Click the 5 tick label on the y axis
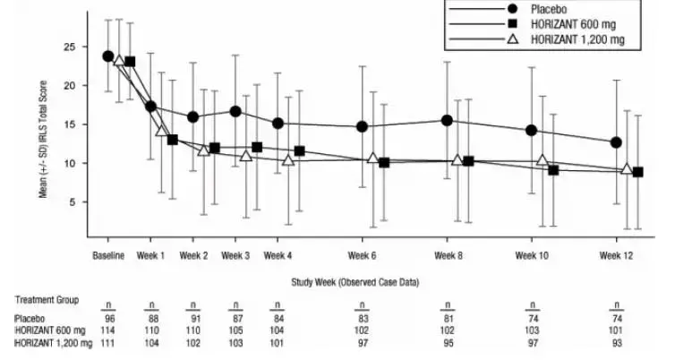click(x=79, y=202)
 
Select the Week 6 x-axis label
click(x=363, y=255)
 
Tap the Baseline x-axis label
click(x=108, y=255)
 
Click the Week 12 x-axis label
click(x=616, y=255)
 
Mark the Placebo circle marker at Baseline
click(x=108, y=56)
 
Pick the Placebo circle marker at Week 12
click(x=616, y=142)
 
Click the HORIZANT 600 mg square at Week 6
click(x=384, y=163)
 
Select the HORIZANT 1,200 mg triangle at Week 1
click(x=162, y=131)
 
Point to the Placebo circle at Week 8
click(x=447, y=121)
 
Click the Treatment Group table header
click(x=47, y=300)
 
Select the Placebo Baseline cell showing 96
click(x=108, y=318)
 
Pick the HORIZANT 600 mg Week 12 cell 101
click(x=616, y=330)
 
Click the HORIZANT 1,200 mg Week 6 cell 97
click(x=363, y=342)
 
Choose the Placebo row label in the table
click(x=28, y=318)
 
